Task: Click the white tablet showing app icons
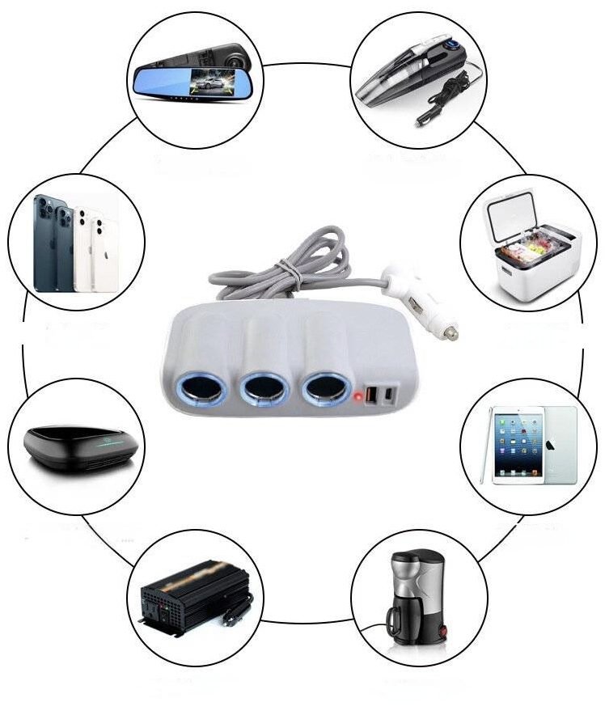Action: (518, 445)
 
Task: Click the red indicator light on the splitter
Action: (357, 396)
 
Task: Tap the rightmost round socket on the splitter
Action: (325, 390)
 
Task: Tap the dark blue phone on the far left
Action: (45, 243)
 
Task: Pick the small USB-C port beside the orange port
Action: (391, 395)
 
